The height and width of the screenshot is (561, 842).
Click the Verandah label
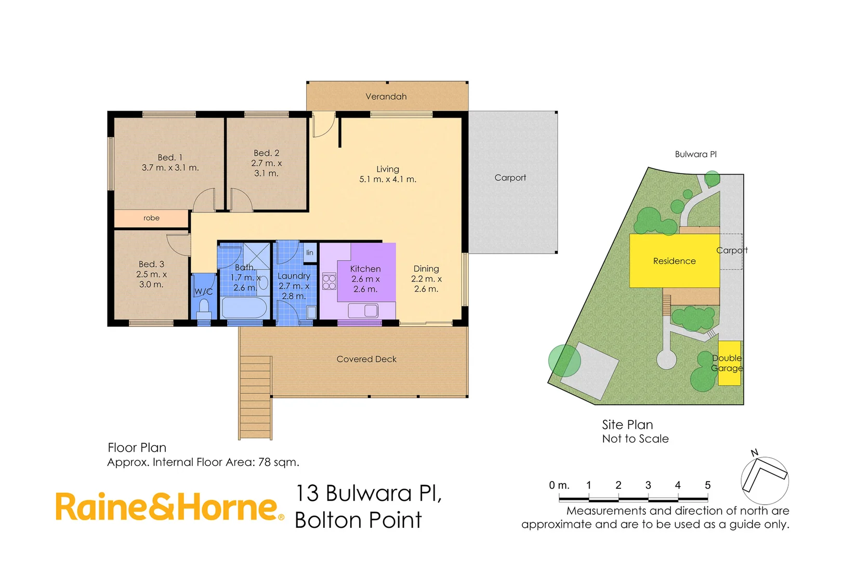tap(386, 97)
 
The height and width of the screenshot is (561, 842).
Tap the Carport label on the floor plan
tap(510, 178)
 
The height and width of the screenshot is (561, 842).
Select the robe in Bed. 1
tap(151, 218)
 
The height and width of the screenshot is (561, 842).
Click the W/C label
tap(203, 292)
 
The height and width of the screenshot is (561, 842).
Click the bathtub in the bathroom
tap(244, 308)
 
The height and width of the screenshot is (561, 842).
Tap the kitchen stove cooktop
tap(329, 282)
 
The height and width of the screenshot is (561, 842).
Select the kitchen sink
tap(363, 311)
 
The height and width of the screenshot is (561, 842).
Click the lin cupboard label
tap(310, 253)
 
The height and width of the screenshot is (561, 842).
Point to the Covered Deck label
tap(366, 359)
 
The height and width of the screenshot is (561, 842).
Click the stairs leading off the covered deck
tap(255, 397)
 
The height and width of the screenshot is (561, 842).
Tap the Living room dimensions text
tap(388, 179)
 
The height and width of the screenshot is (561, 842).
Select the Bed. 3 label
tap(151, 264)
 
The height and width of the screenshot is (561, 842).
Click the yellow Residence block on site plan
tap(674, 261)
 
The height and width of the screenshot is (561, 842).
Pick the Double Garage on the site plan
tap(729, 363)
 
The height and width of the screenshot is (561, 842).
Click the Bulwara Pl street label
tap(695, 154)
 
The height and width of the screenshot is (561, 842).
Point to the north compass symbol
tap(764, 479)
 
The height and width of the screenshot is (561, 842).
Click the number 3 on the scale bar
tap(648, 485)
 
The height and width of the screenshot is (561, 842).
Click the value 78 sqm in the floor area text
tap(279, 462)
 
